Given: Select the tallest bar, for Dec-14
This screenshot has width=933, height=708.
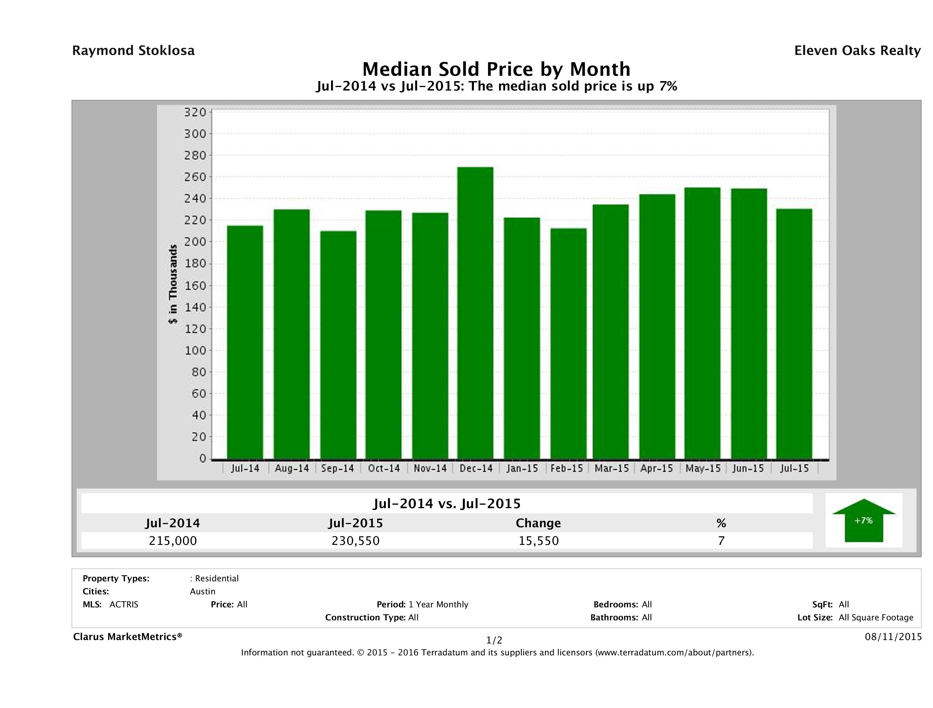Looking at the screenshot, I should coord(475,313).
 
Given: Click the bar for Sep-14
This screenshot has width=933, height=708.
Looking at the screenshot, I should coord(338,345).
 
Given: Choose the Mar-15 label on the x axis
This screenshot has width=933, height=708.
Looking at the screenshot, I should coord(611,468).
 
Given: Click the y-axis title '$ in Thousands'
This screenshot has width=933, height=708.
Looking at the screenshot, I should coord(173,284).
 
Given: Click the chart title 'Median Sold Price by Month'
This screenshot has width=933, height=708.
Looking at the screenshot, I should coord(496,69).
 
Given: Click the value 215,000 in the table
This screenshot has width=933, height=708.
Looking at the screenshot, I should coord(173,541).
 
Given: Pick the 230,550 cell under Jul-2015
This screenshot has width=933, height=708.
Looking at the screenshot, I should coord(356,541).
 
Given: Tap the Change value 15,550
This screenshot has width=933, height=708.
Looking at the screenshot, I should coord(538,541).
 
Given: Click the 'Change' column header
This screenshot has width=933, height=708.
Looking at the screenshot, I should coord(538,523).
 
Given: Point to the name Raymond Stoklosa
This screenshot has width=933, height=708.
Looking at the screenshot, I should coord(133,51).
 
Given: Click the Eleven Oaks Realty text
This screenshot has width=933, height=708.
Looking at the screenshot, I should coord(857,51).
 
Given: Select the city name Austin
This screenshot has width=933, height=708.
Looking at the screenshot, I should coord(202,591).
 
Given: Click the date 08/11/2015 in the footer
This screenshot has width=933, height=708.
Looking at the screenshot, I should coord(893,637).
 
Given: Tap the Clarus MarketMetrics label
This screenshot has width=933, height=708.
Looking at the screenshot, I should coord(128,637).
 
